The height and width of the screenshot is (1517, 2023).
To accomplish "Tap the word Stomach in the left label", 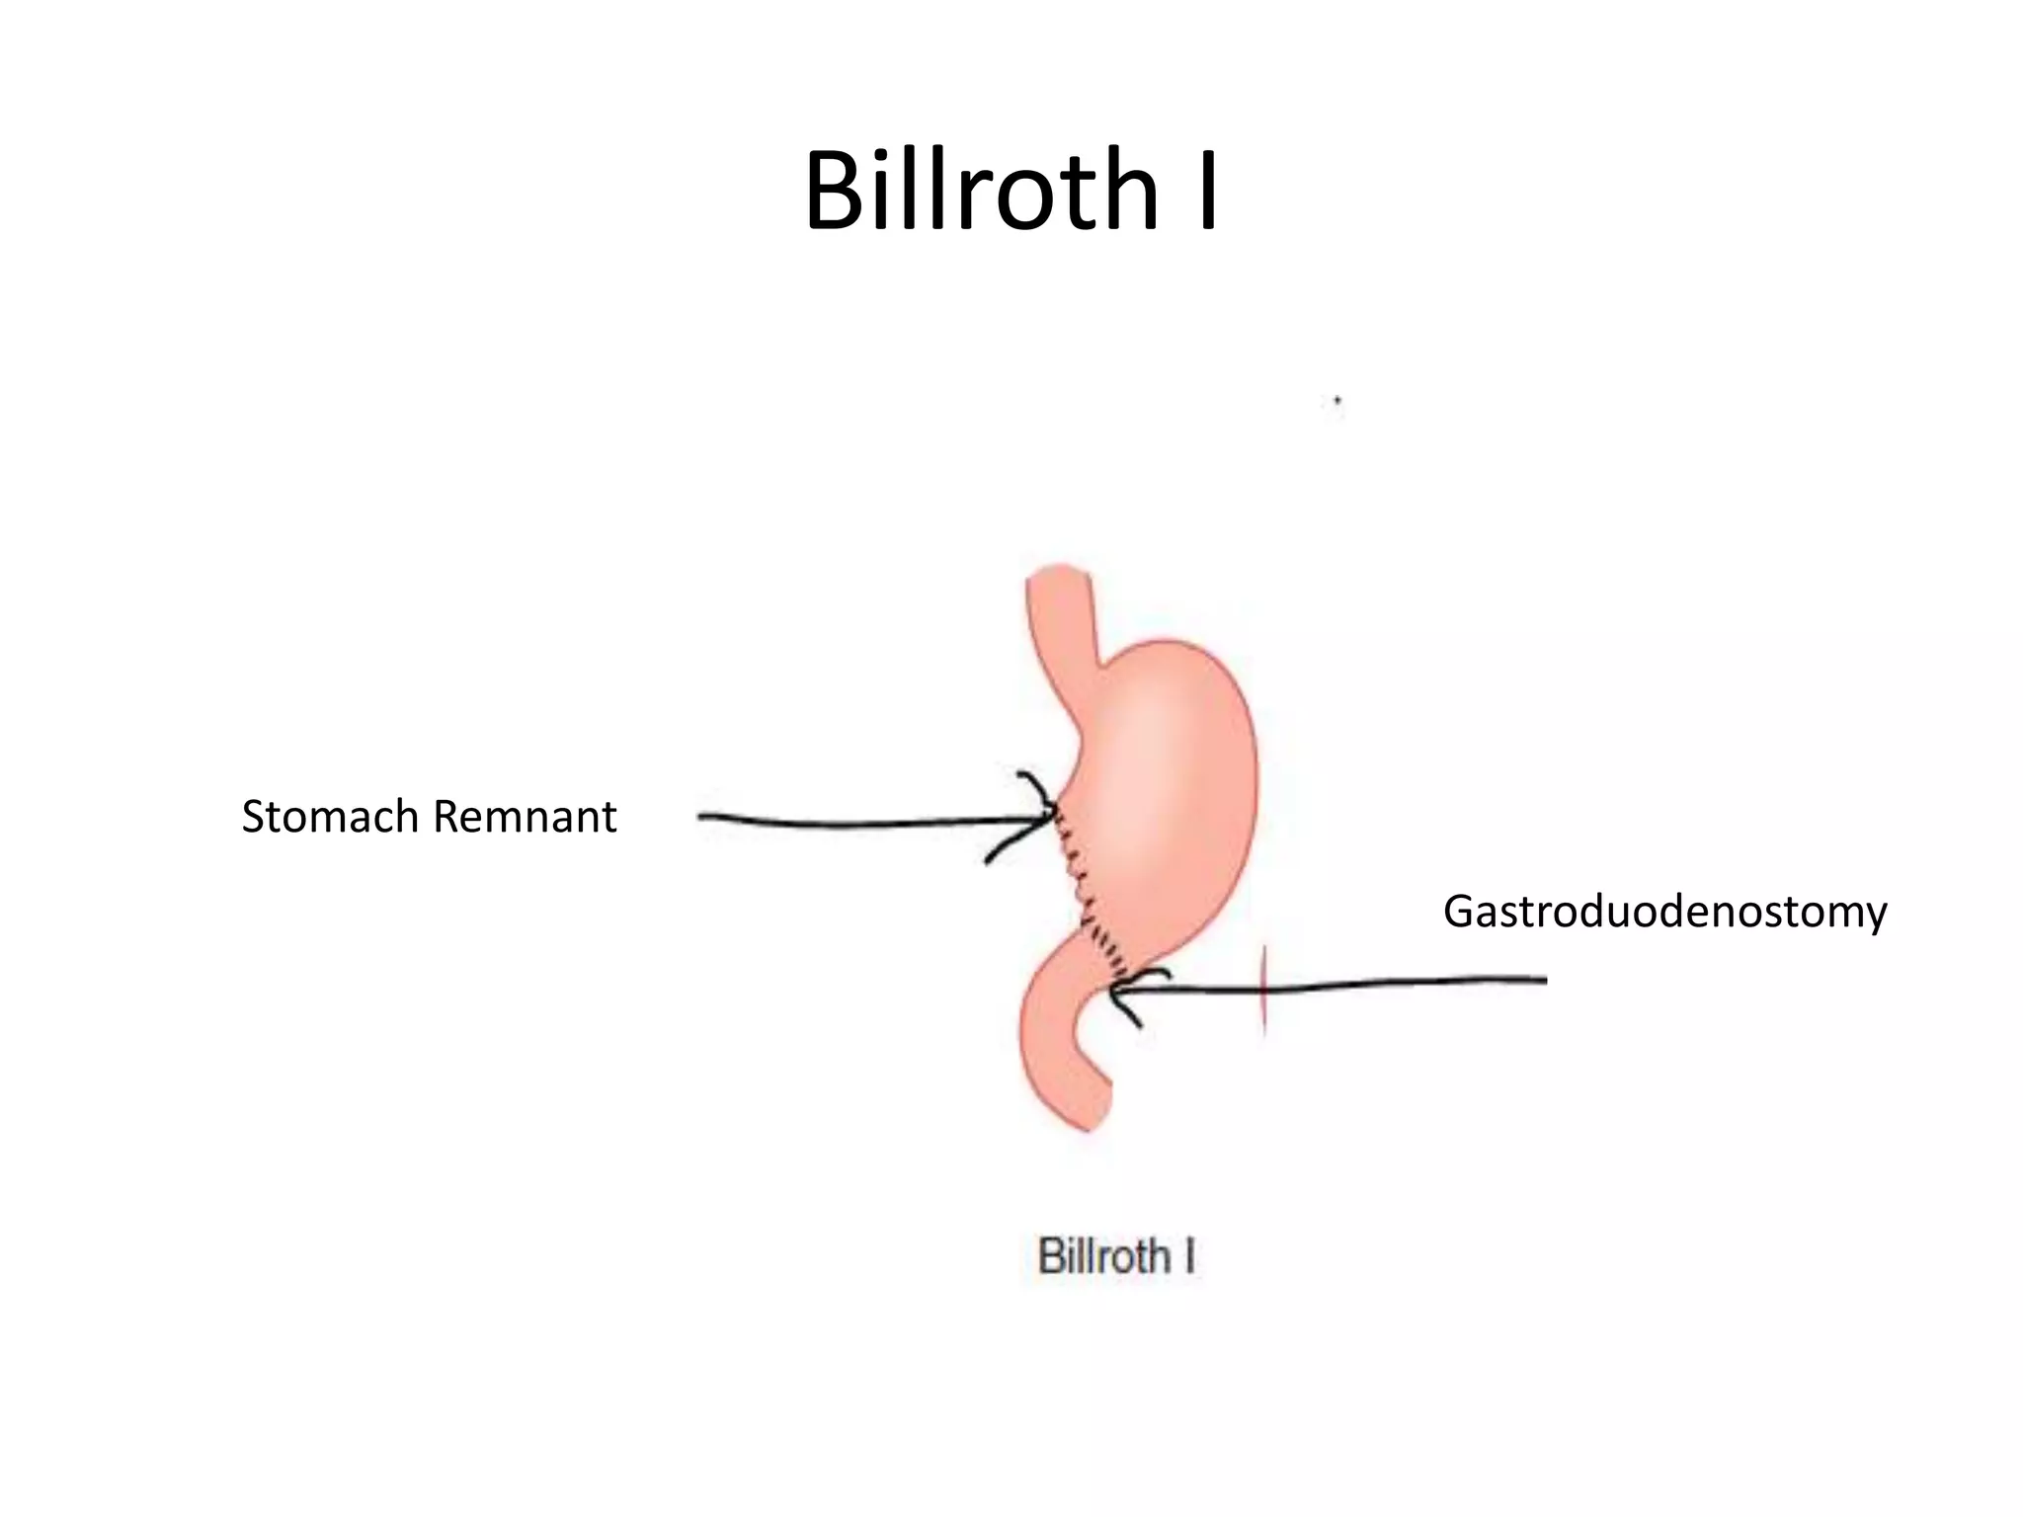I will click(x=330, y=818).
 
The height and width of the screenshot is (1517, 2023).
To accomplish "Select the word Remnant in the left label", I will click(x=525, y=818).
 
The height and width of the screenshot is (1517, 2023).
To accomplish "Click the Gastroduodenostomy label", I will click(x=1664, y=911).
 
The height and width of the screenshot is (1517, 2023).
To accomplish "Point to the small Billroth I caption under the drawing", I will click(x=1116, y=1257).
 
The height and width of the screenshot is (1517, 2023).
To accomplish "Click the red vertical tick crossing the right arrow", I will click(x=1264, y=992).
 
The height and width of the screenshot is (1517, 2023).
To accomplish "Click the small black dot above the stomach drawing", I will click(x=1337, y=400).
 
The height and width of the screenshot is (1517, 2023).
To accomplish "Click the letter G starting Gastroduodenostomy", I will click(x=1460, y=911).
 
